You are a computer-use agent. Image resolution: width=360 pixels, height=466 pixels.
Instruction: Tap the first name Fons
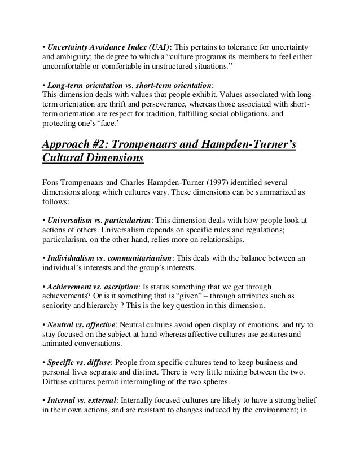pos(51,182)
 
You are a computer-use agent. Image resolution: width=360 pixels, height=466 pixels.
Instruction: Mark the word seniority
pos(59,307)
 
